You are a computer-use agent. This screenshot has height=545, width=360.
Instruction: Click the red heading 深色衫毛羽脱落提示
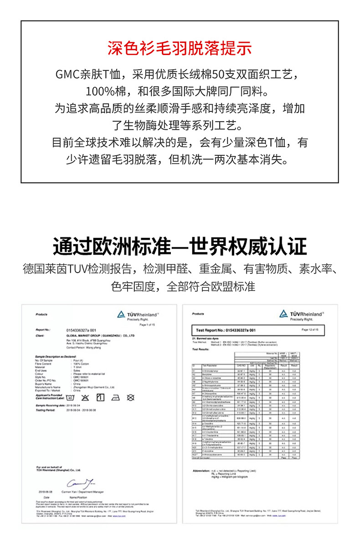point(180,48)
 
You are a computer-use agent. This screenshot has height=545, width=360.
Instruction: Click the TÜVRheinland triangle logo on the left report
point(121,314)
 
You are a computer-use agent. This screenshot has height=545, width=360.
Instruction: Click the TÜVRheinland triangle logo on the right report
point(284,314)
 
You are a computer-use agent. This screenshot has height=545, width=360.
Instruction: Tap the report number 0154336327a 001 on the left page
point(82,330)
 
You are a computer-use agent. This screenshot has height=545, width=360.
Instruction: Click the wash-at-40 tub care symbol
point(70,385)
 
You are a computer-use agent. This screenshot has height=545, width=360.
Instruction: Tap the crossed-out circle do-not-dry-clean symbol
point(131,385)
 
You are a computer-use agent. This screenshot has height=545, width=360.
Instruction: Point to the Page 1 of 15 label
point(148,324)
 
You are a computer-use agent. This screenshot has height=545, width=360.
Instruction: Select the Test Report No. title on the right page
point(225,329)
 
